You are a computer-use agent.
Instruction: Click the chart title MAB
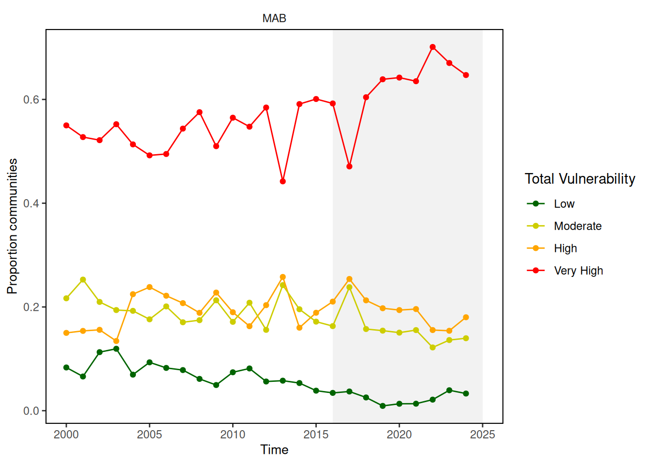click(x=274, y=18)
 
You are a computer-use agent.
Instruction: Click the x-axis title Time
click(x=274, y=450)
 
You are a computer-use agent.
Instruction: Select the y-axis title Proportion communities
click(x=12, y=226)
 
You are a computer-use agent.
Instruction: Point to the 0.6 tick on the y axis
click(x=31, y=100)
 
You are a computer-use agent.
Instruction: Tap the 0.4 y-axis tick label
click(x=31, y=203)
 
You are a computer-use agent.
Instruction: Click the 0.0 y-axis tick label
click(x=31, y=411)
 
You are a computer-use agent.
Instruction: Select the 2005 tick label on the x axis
click(x=149, y=435)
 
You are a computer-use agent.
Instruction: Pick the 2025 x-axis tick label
click(x=482, y=435)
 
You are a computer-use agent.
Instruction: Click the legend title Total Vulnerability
click(x=580, y=179)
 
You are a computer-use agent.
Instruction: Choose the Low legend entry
click(x=564, y=204)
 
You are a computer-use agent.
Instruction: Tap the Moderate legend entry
click(x=577, y=226)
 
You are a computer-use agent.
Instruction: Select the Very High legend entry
click(x=578, y=271)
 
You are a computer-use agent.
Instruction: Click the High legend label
click(x=565, y=248)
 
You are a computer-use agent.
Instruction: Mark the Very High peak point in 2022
click(x=433, y=47)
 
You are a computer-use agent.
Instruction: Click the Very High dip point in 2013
click(x=283, y=181)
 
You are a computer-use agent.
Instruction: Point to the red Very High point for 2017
click(x=350, y=166)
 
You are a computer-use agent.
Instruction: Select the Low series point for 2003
click(x=116, y=349)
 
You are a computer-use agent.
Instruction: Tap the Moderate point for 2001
click(x=83, y=280)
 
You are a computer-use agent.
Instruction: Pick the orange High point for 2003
click(x=116, y=341)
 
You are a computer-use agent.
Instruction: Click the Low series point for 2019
click(x=383, y=406)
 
